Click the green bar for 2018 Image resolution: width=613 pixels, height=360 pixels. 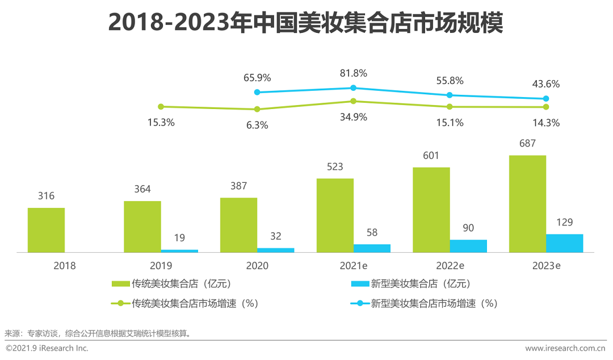tap(46, 229)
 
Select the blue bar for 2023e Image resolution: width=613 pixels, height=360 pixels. tap(564, 243)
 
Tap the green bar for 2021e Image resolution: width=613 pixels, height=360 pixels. tap(335, 215)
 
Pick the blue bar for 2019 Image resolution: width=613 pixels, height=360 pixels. tap(179, 250)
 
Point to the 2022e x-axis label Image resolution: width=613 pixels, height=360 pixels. tap(450, 265)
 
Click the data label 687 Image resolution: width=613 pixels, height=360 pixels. tap(527, 144)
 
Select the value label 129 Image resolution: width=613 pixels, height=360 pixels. tap(564, 222)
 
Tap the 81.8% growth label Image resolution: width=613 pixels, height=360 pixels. tap(353, 73)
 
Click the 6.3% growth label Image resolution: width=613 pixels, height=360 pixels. tap(257, 125)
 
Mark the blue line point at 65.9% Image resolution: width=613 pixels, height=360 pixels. tap(257, 92)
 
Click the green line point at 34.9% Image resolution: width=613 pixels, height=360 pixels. tap(353, 101)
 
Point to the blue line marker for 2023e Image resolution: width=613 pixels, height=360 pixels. tap(546, 99)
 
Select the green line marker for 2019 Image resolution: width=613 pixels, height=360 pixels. tap(161, 106)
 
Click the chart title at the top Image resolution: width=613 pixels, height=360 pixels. tap(306, 24)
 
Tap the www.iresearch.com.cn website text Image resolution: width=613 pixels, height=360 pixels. tap(565, 348)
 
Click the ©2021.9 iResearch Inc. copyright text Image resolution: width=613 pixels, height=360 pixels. tap(47, 348)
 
